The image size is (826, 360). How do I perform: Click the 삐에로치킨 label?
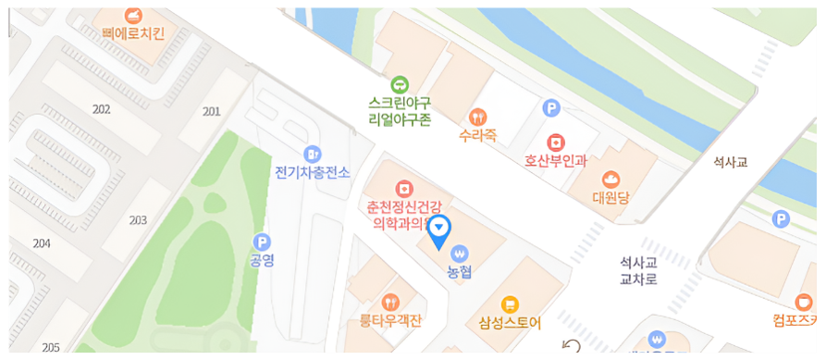tap(134, 34)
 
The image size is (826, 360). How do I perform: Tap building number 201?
tap(211, 111)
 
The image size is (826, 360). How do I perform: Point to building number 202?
tap(102, 109)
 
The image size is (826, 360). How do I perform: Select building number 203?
tap(138, 220)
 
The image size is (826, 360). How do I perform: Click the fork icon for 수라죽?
tap(478, 117)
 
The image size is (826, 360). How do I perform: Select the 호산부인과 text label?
tap(556, 160)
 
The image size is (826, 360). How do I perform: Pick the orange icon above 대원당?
tap(610, 178)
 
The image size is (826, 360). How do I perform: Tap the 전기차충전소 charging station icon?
tap(313, 154)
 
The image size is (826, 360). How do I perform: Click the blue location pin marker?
tap(441, 229)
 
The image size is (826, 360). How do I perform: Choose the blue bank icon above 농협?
tap(460, 253)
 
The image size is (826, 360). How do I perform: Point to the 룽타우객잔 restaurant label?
tap(390, 321)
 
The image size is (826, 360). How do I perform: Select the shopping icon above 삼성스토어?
tap(510, 304)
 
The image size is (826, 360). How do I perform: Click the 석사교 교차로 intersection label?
tap(638, 270)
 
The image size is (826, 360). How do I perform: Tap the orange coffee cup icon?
tap(802, 302)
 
